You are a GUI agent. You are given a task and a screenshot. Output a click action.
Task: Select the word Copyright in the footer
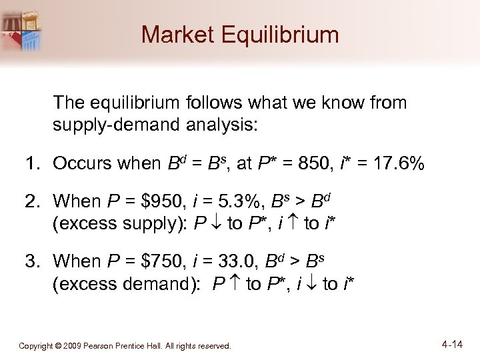35,346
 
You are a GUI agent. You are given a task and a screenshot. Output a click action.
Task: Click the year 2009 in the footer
73,346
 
